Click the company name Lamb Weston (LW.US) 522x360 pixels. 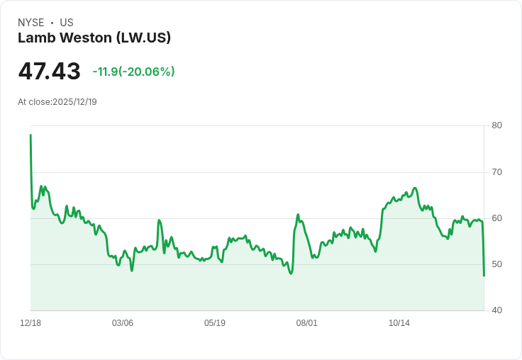(x=94, y=38)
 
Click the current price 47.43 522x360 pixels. (x=49, y=72)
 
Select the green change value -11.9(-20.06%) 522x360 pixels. (x=133, y=72)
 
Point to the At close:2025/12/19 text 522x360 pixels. (x=57, y=102)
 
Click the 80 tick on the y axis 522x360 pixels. (x=496, y=125)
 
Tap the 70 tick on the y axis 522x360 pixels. (x=496, y=172)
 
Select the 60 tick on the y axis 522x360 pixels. (x=496, y=218)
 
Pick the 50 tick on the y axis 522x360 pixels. (x=496, y=264)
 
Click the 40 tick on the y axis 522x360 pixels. (x=496, y=310)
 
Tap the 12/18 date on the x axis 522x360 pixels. (x=30, y=323)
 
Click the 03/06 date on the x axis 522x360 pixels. (x=123, y=323)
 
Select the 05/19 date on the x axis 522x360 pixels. (x=215, y=323)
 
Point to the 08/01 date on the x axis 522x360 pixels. (x=307, y=323)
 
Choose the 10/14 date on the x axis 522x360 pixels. (x=399, y=323)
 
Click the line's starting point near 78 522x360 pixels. (x=30, y=135)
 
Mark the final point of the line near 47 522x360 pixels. (x=484, y=276)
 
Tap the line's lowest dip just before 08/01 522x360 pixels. (x=291, y=274)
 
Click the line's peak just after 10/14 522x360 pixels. (x=415, y=189)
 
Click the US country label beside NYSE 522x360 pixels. (x=67, y=23)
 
